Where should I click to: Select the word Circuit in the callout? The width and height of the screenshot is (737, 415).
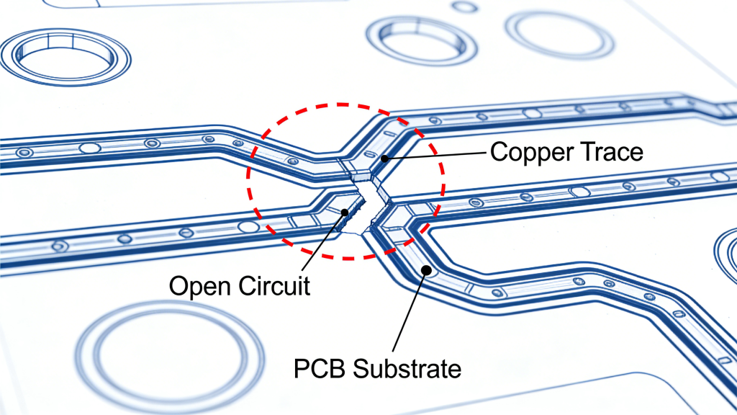click(x=271, y=285)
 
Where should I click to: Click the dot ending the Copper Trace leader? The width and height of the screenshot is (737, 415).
click(x=385, y=158)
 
